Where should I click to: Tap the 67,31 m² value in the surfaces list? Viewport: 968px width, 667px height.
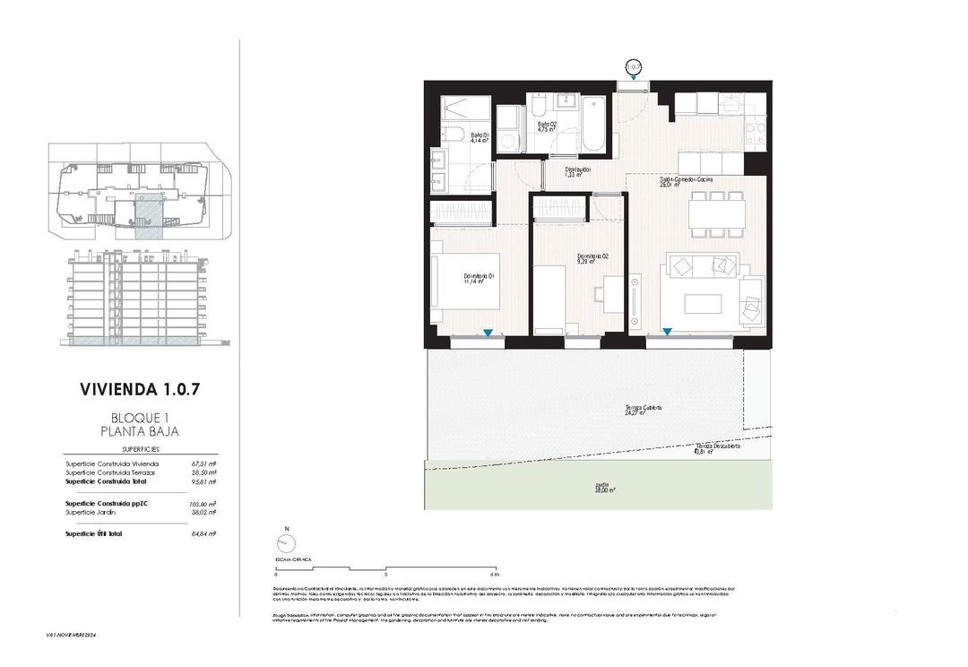pos(204,463)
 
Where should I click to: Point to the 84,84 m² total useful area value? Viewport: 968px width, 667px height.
pos(204,533)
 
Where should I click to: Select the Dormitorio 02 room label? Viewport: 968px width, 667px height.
pos(586,259)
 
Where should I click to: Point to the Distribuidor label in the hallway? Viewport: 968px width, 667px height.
pos(576,172)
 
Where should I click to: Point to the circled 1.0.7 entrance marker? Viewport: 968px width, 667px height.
pos(634,66)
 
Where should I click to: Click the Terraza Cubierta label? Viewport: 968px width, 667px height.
pos(644,410)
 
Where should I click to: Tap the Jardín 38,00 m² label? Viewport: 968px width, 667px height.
pos(602,488)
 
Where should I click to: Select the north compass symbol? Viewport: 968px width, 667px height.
pos(287,545)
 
